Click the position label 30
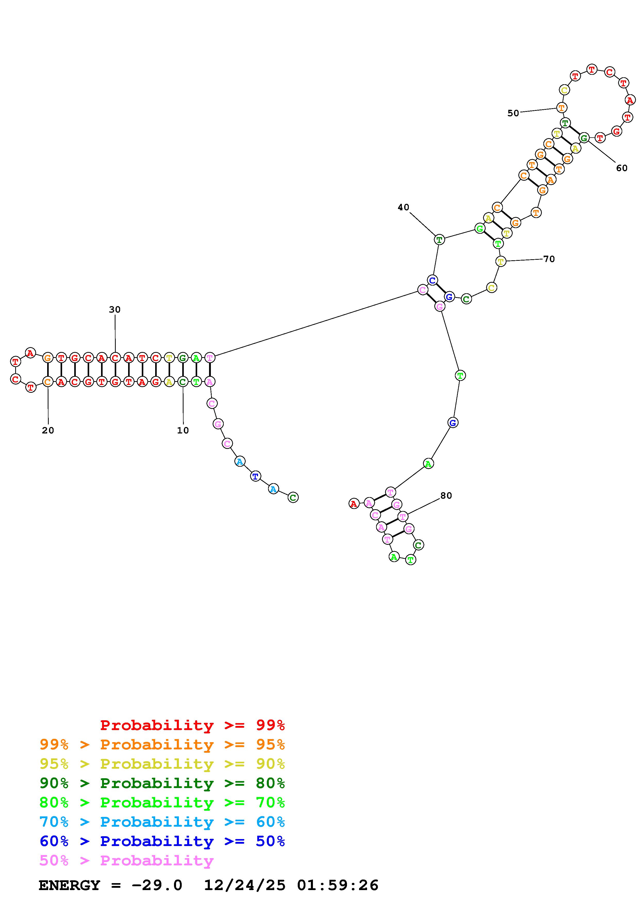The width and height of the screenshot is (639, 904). pyautogui.click(x=114, y=310)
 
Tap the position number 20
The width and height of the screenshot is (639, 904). pyautogui.click(x=48, y=430)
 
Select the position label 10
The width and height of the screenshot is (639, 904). pyautogui.click(x=183, y=430)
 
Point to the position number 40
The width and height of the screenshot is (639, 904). pyautogui.click(x=403, y=207)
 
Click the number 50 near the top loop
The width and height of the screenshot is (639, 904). pyautogui.click(x=513, y=113)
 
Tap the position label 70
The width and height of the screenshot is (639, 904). pyautogui.click(x=549, y=259)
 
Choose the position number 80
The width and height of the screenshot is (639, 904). pyautogui.click(x=446, y=496)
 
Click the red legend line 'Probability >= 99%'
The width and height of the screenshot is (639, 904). pyautogui.click(x=193, y=725)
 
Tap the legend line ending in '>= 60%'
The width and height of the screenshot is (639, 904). pyautogui.click(x=162, y=822)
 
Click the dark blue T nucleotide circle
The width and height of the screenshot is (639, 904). pyautogui.click(x=255, y=476)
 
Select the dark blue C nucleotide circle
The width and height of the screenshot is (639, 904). pyautogui.click(x=432, y=280)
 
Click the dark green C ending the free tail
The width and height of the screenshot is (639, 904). pyautogui.click(x=293, y=497)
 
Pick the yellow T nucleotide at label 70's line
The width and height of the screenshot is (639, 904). pyautogui.click(x=500, y=261)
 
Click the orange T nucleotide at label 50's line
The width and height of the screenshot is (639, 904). pyautogui.click(x=561, y=107)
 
